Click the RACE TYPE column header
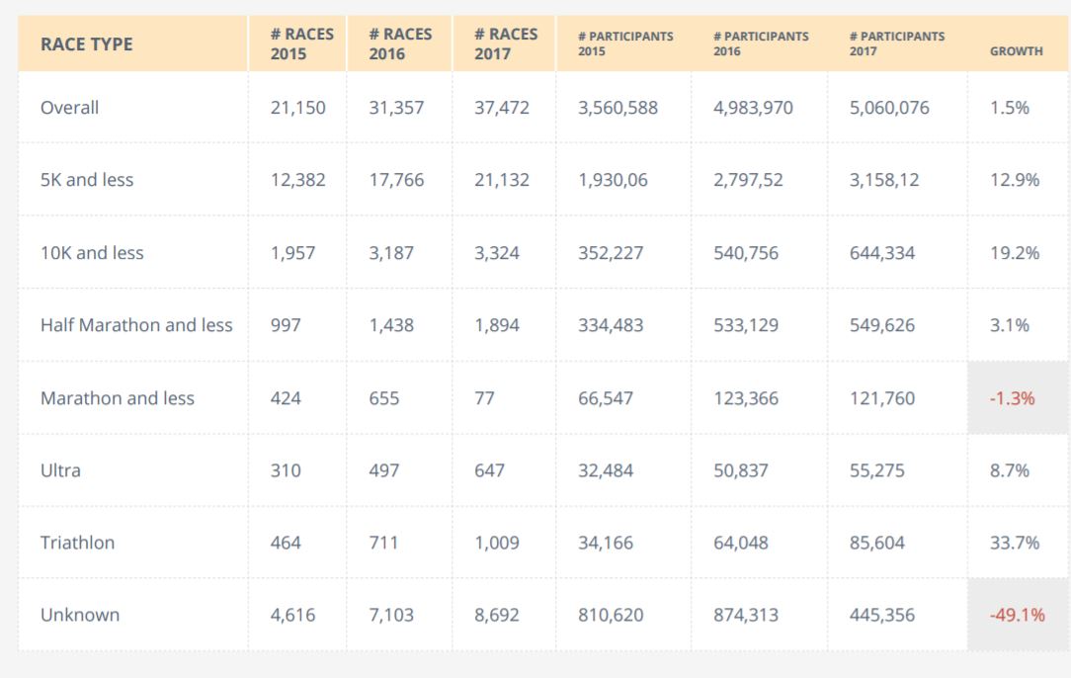click(x=86, y=44)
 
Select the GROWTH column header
click(x=1016, y=51)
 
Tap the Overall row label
click(x=69, y=108)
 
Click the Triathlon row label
click(x=77, y=543)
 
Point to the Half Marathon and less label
click(x=136, y=325)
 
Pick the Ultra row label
click(x=60, y=470)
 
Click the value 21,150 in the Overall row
click(x=297, y=108)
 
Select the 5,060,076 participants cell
click(x=889, y=108)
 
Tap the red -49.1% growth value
click(x=1017, y=615)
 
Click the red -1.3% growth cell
click(x=1012, y=398)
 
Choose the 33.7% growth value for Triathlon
click(x=1015, y=543)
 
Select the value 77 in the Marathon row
click(x=484, y=398)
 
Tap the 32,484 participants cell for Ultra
click(x=606, y=470)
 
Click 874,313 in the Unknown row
click(x=746, y=615)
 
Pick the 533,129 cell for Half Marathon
click(x=746, y=325)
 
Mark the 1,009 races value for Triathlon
click(x=496, y=543)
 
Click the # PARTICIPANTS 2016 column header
click(x=761, y=43)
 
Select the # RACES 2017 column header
click(x=505, y=43)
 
